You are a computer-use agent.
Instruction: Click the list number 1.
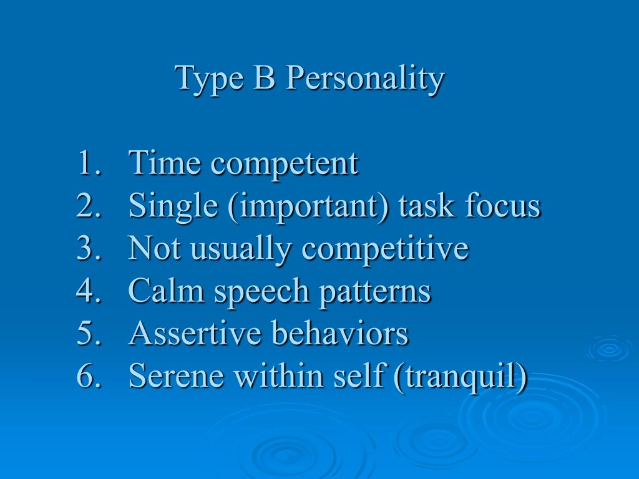[x=87, y=163]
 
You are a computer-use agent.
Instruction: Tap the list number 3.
[x=87, y=249]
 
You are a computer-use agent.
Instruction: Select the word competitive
[x=385, y=249]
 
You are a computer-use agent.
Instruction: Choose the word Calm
[x=165, y=291]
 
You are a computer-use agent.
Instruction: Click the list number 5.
[x=87, y=334]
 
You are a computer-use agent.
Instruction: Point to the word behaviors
[x=339, y=334]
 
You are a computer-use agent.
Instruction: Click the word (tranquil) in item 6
[x=461, y=377]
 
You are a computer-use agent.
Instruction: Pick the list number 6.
[x=87, y=376]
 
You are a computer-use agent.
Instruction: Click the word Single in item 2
[x=170, y=207]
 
